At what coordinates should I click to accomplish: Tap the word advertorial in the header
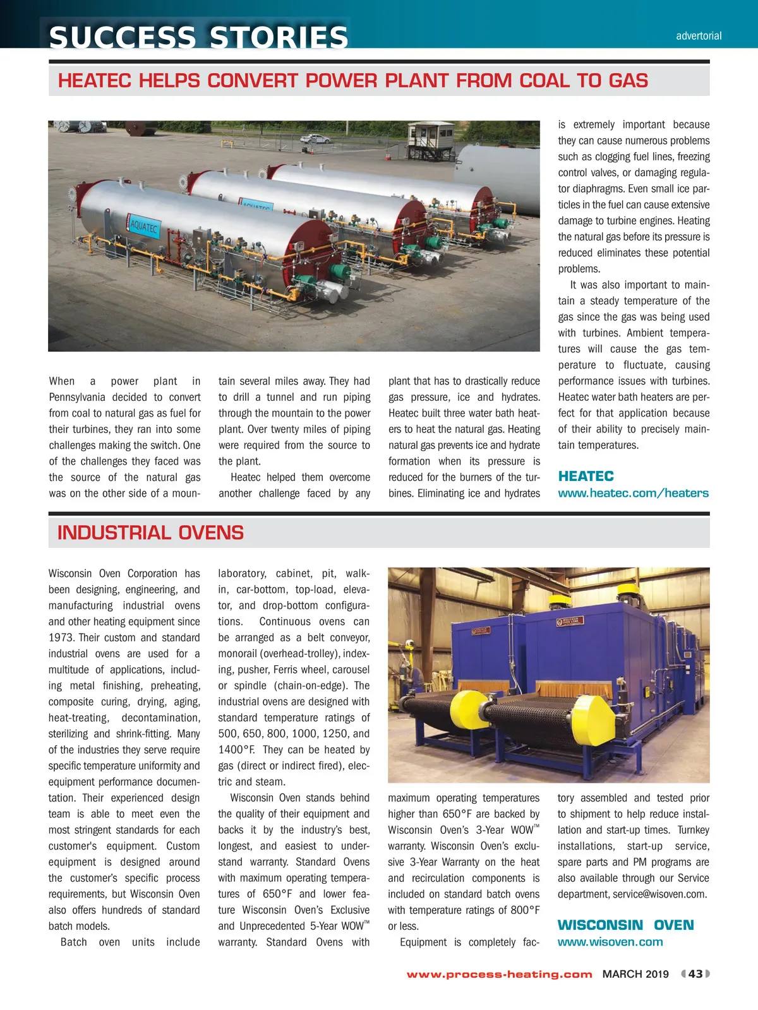699,36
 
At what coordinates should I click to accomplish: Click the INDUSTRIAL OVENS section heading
150,533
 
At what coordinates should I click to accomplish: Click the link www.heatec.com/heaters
633,493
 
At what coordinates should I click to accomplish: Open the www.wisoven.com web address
610,942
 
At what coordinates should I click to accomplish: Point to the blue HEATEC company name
586,476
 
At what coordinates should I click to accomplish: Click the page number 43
695,973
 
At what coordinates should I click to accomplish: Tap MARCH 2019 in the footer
635,974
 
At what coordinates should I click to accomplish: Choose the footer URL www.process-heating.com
499,974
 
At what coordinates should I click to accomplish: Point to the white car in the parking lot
315,138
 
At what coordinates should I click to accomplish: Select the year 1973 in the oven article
61,638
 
